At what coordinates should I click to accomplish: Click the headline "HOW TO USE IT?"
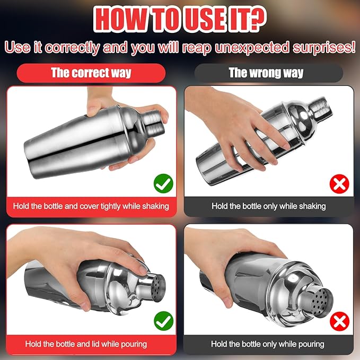[x=180, y=19]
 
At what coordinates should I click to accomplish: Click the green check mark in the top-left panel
[x=163, y=184]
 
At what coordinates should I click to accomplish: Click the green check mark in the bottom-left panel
[x=163, y=321]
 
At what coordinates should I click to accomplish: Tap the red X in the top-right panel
[x=339, y=184]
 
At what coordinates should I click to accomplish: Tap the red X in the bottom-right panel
[x=339, y=321]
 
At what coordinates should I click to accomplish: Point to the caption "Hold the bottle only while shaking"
[x=268, y=206]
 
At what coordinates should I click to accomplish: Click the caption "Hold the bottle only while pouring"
[x=268, y=344]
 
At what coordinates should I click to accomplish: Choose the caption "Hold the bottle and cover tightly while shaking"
[x=91, y=206]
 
